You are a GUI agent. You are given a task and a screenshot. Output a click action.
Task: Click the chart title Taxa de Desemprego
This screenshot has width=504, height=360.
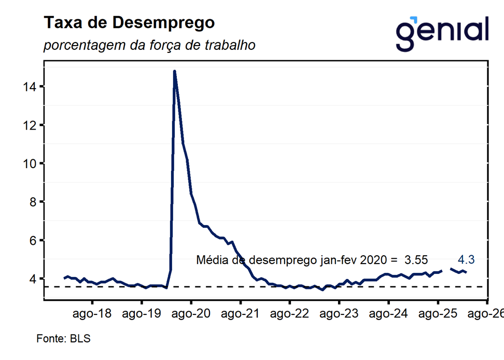(129, 23)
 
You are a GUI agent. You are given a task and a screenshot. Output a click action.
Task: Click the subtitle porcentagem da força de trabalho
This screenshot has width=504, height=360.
(149, 46)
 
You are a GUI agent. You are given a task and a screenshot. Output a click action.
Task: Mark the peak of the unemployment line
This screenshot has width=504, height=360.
(174, 71)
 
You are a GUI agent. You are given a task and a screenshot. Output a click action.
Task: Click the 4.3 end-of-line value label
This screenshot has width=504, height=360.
(466, 259)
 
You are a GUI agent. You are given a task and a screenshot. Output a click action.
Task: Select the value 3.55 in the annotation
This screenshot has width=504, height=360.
(416, 260)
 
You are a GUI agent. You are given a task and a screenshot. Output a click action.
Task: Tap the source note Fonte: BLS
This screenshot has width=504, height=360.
(63, 339)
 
